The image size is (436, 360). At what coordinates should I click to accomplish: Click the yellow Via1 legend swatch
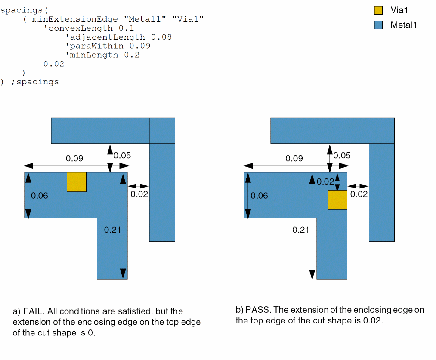coord(378,10)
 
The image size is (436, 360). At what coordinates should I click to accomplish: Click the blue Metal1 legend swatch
coord(378,25)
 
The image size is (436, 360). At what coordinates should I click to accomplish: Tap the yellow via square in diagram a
coord(77,182)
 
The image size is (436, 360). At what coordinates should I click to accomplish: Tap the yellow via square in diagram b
coord(337,200)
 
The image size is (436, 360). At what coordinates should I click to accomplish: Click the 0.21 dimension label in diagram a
coord(112,230)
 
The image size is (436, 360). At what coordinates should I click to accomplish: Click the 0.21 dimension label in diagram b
coord(301,230)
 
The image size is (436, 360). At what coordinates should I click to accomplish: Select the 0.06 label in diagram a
coord(40,196)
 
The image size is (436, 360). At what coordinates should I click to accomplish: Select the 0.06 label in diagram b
coord(259,196)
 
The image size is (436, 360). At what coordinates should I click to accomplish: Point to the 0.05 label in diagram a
coord(122,156)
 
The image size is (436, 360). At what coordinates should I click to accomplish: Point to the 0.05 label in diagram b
coord(342,156)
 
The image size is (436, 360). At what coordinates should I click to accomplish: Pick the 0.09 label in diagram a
coord(74,158)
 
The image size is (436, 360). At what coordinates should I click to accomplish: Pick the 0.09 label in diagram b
coord(294,158)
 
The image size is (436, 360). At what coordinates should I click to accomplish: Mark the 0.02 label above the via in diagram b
coord(325,182)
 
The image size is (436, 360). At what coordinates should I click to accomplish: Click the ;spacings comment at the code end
coord(35,82)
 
